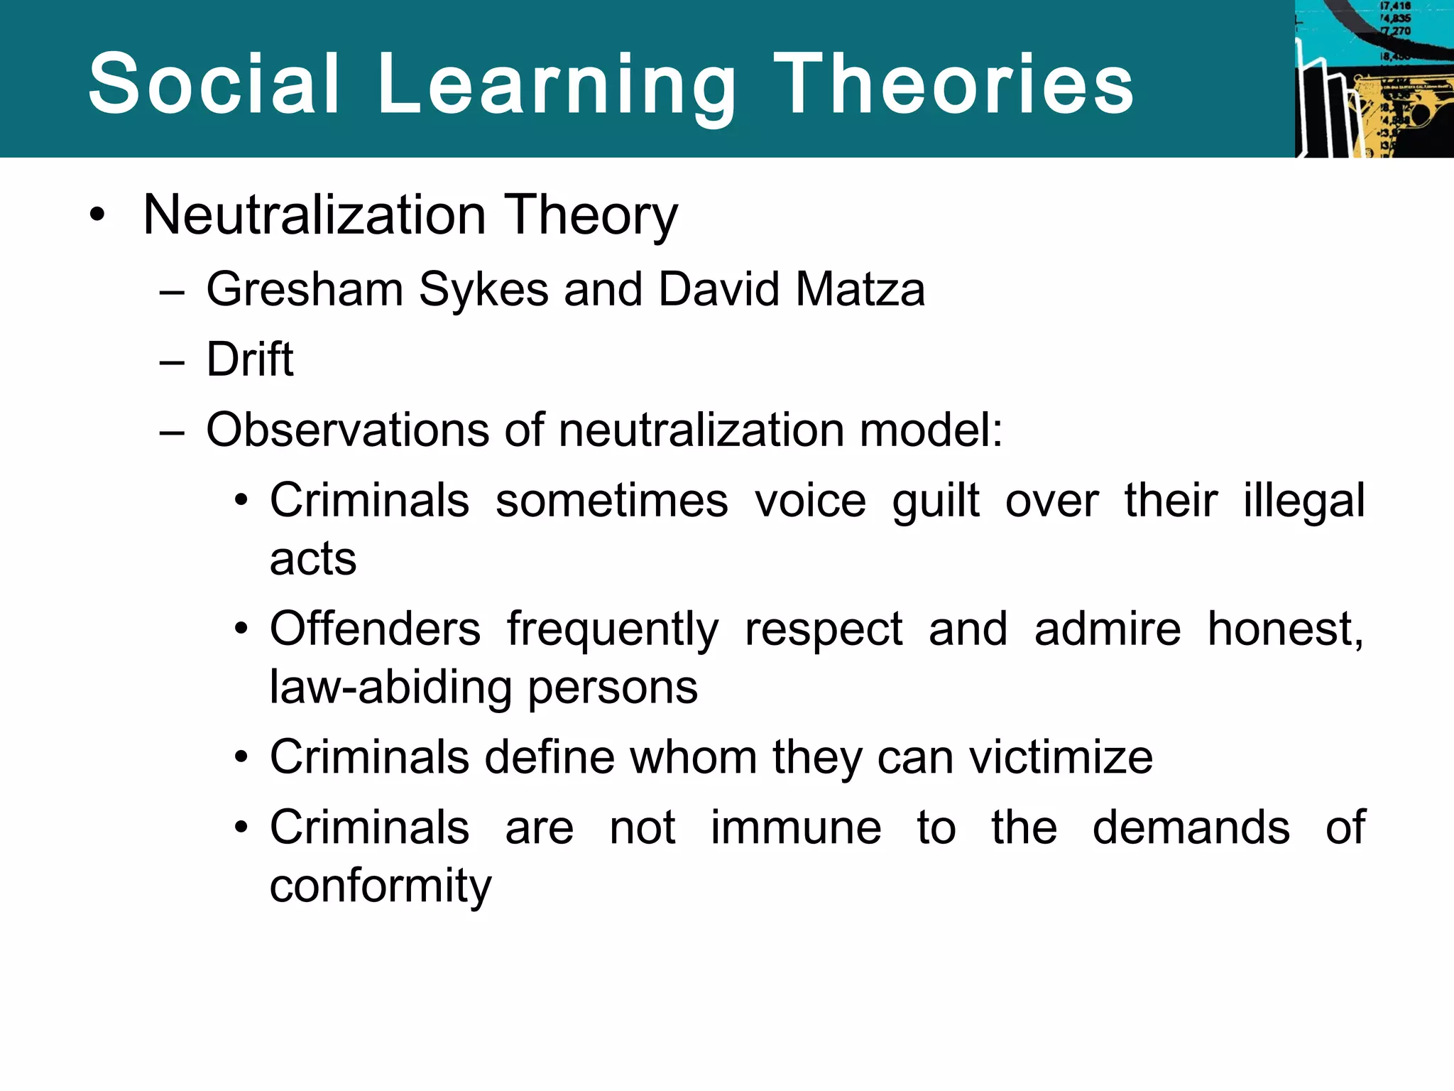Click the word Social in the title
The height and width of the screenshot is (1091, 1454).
point(214,84)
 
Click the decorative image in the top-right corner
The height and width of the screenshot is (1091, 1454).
point(1374,78)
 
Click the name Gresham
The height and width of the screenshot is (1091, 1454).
point(304,290)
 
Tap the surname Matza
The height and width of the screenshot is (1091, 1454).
point(860,290)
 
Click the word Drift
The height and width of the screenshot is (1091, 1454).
point(249,359)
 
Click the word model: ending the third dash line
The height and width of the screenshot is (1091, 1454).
point(931,430)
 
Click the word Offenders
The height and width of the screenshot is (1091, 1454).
point(375,629)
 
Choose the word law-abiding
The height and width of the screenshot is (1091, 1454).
point(391,688)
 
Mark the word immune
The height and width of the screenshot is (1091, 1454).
point(796,827)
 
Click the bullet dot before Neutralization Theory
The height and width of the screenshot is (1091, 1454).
point(98,214)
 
